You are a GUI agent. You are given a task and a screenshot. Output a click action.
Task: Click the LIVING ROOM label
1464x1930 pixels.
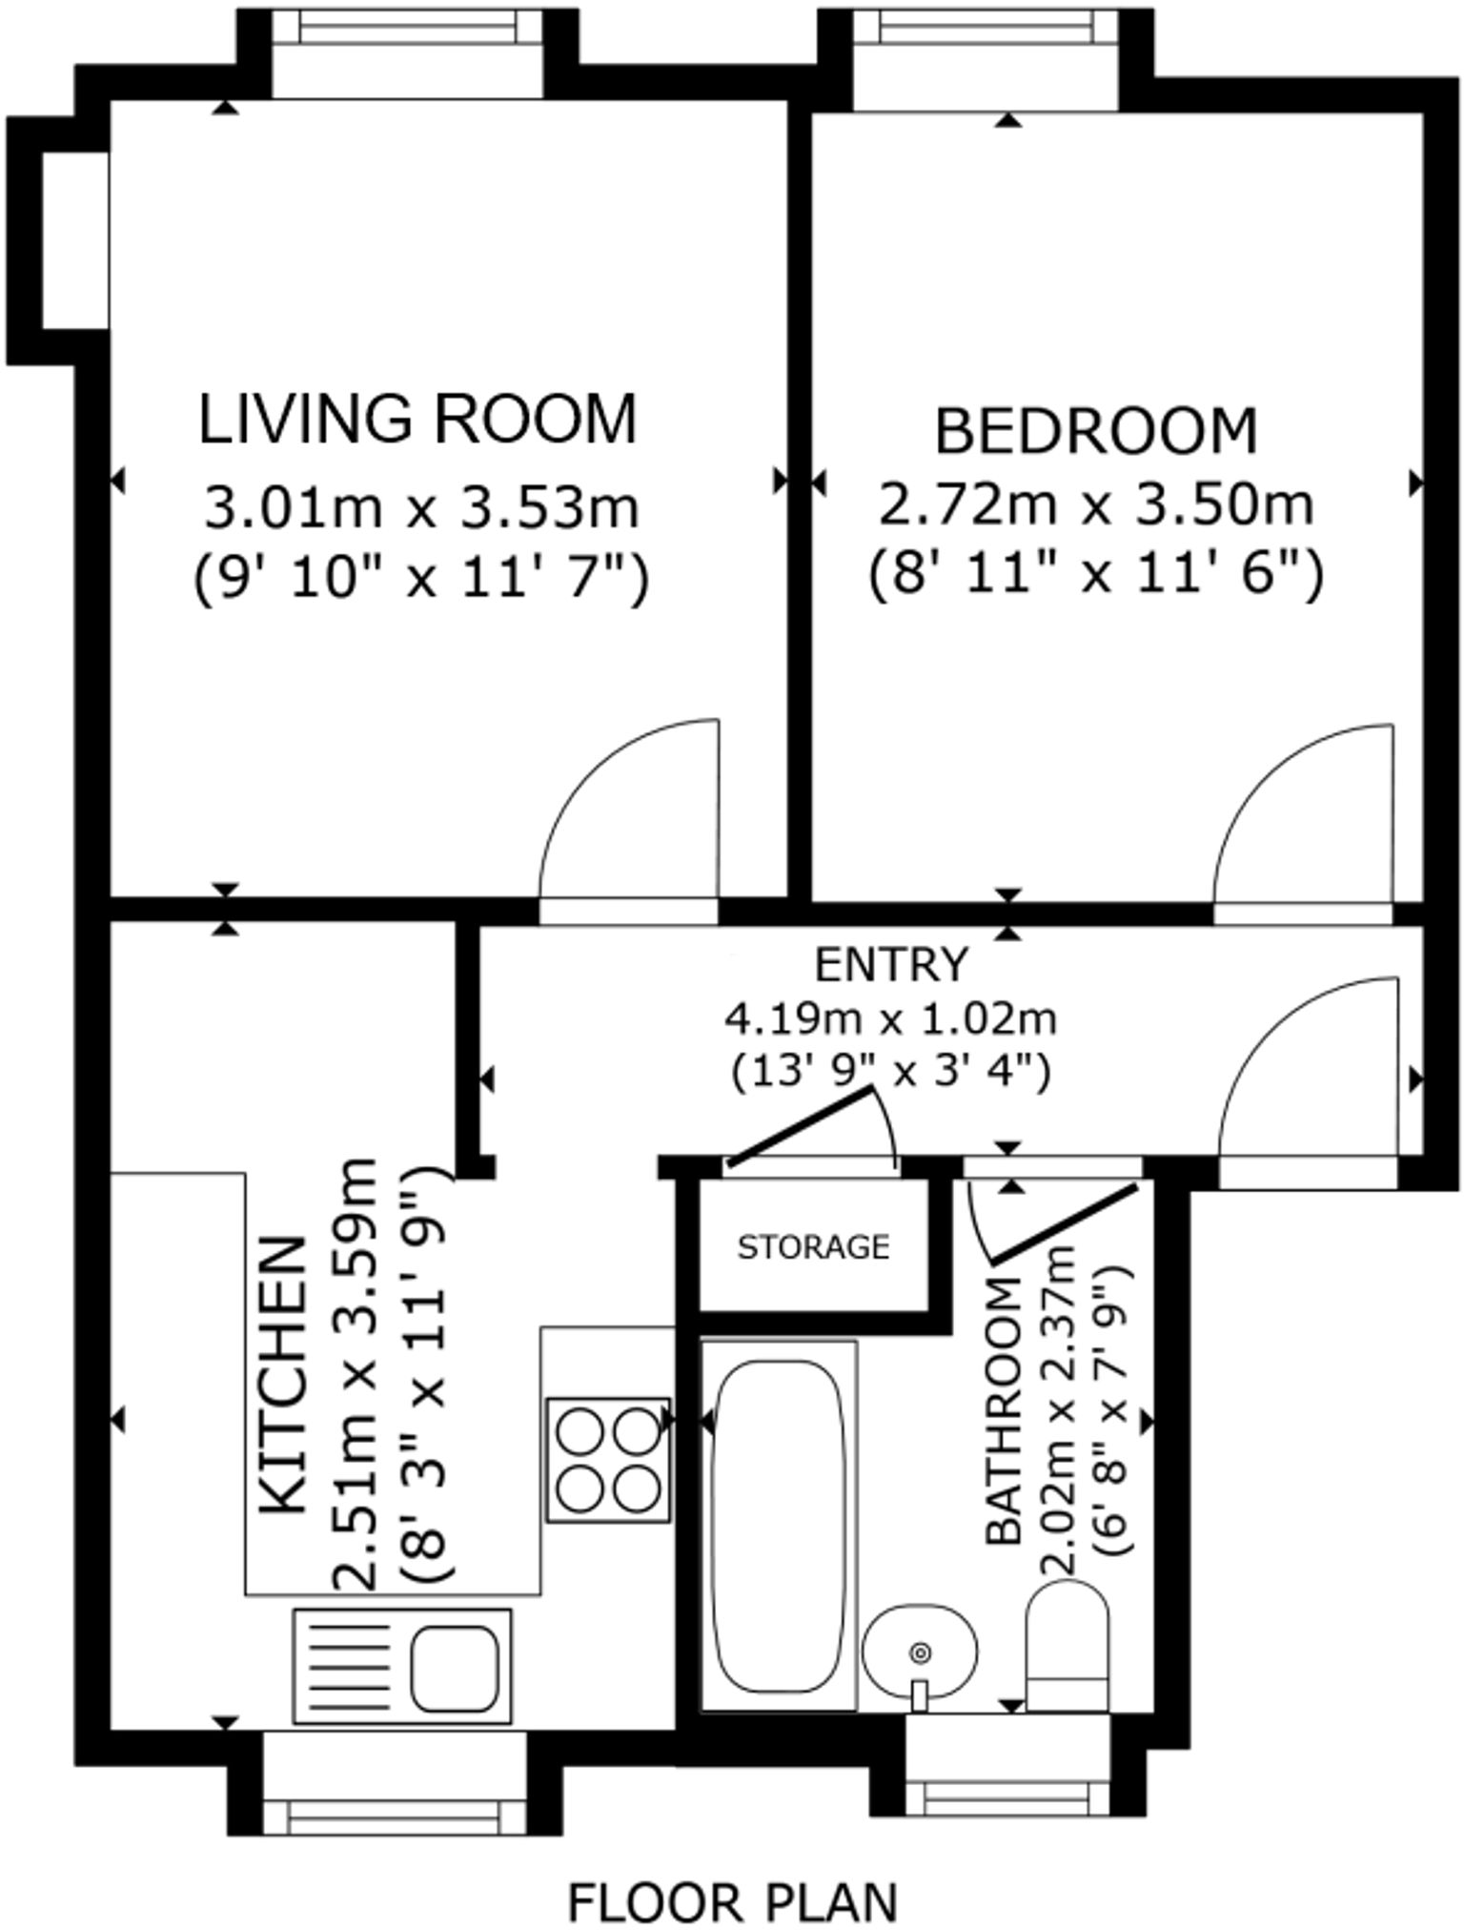(x=417, y=419)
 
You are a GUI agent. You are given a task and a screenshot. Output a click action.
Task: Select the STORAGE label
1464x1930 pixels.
(x=813, y=1246)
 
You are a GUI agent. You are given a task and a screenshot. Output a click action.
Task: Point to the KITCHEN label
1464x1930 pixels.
(x=284, y=1375)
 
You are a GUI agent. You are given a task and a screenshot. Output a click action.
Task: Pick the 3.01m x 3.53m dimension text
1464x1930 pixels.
(x=420, y=507)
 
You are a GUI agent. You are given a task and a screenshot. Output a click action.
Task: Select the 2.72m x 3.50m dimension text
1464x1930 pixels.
(x=1096, y=505)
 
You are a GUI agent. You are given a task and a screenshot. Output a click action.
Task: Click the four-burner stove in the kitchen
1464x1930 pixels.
(x=608, y=1459)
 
